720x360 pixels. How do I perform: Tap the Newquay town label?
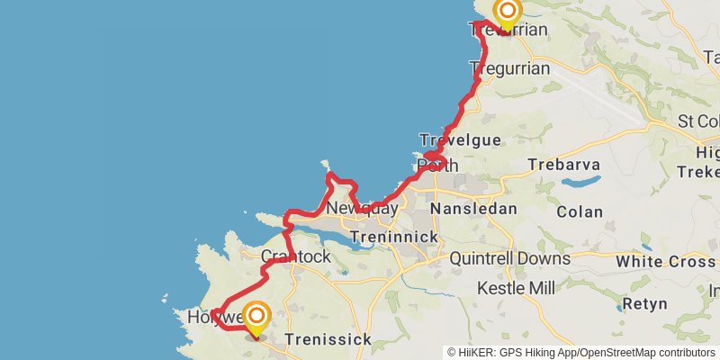(362, 209)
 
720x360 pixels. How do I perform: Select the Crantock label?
(295, 256)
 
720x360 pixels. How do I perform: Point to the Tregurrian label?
(509, 68)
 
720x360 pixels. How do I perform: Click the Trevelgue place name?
(459, 140)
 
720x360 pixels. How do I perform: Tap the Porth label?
(437, 166)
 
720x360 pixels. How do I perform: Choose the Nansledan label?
(473, 209)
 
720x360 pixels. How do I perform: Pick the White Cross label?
(666, 262)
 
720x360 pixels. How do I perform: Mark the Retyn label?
(644, 303)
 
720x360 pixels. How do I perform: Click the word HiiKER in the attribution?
(475, 353)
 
